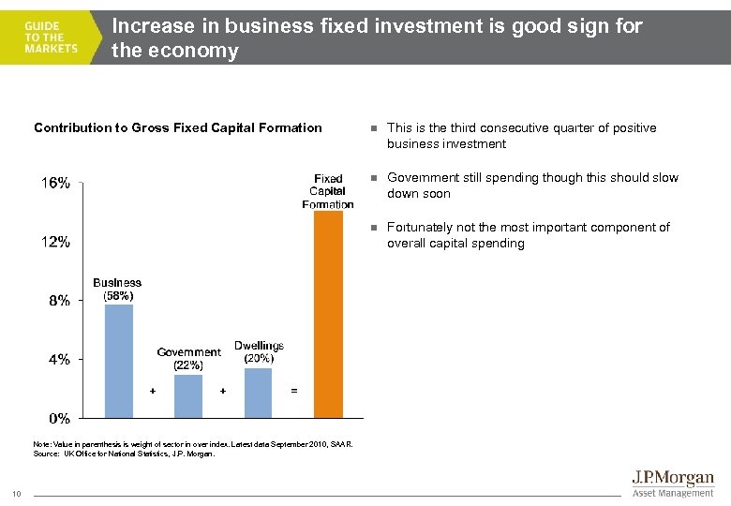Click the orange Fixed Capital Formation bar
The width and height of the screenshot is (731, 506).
pyautogui.click(x=328, y=314)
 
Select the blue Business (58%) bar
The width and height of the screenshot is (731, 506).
pyautogui.click(x=119, y=361)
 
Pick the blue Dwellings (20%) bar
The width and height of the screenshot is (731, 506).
pyautogui.click(x=259, y=393)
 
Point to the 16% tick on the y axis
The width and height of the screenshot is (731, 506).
pyautogui.click(x=53, y=184)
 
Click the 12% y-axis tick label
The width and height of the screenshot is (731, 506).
pyautogui.click(x=53, y=243)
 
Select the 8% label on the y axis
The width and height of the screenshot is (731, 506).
pyautogui.click(x=57, y=301)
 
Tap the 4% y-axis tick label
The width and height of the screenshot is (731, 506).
pyautogui.click(x=57, y=360)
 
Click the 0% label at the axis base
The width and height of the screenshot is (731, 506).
pyautogui.click(x=57, y=418)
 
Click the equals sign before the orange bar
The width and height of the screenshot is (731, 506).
pyautogui.click(x=294, y=390)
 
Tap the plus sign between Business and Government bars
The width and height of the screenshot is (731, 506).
pyautogui.click(x=153, y=390)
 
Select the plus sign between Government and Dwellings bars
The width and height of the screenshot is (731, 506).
pyautogui.click(x=222, y=390)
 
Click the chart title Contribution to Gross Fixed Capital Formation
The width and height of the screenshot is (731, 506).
pyautogui.click(x=178, y=127)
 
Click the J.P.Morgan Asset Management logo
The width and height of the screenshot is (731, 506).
pyautogui.click(x=671, y=484)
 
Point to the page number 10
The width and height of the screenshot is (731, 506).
pyautogui.click(x=18, y=495)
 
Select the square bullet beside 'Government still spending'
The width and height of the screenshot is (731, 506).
pyautogui.click(x=373, y=178)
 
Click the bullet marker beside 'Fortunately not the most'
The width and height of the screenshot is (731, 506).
pyautogui.click(x=373, y=228)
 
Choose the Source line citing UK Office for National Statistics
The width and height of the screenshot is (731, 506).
pyautogui.click(x=124, y=454)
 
